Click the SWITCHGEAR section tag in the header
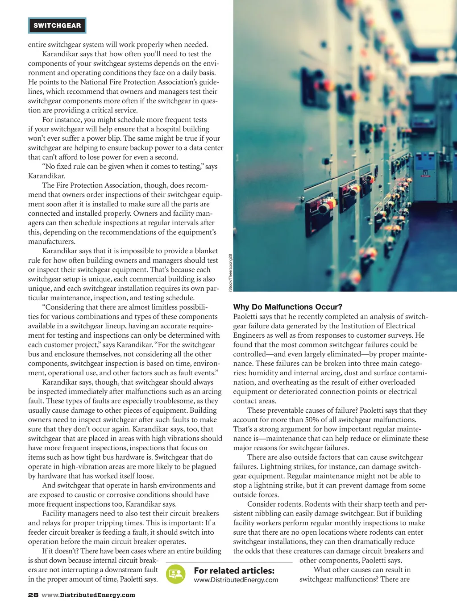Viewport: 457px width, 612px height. pos(57,25)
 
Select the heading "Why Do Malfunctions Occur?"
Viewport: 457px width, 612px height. pos(287,307)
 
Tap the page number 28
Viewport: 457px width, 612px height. pos(33,595)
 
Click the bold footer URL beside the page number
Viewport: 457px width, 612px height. pos(88,595)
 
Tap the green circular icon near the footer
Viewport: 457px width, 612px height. pos(175,574)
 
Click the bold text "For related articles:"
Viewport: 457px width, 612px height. pos(234,570)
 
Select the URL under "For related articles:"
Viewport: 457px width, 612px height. pos(236,580)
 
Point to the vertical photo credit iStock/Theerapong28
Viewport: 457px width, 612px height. pos(230,272)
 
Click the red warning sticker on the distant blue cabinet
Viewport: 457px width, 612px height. pos(425,175)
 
